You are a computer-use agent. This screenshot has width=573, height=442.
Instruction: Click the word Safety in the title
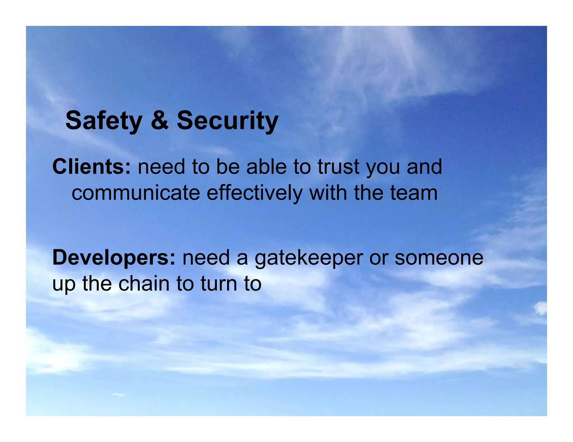pos(104,120)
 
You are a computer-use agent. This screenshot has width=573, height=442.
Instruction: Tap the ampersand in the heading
pos(160,120)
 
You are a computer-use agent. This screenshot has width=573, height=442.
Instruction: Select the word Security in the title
pos(227,120)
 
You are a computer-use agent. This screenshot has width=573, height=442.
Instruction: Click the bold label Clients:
pos(91,167)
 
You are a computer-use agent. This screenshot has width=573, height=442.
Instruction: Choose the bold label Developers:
pos(114,257)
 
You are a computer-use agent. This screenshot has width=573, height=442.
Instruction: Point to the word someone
pos(439,257)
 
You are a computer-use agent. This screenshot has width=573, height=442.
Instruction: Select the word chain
pos(144,283)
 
